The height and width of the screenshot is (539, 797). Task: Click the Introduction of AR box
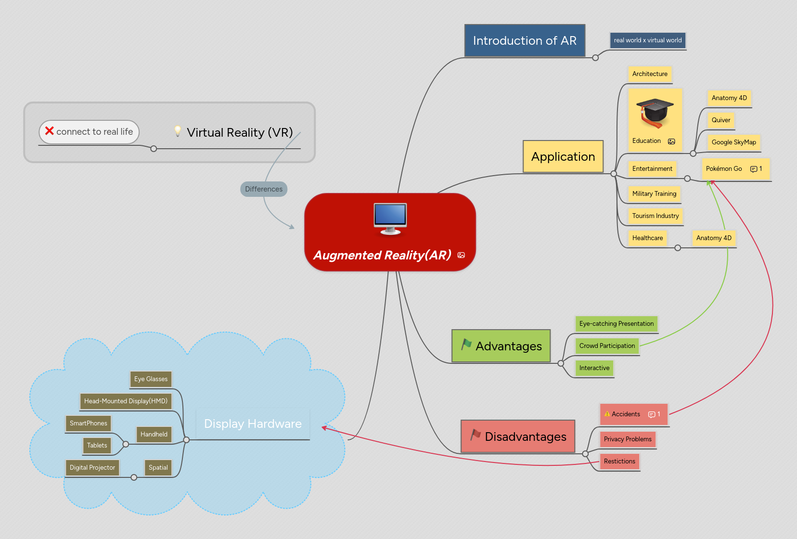[525, 41]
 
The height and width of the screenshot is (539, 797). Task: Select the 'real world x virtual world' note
[647, 40]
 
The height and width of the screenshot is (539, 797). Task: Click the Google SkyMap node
[733, 142]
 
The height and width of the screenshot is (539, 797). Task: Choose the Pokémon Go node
[724, 169]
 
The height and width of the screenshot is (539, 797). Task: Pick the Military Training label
[654, 194]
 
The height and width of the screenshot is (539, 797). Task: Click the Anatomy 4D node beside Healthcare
[714, 238]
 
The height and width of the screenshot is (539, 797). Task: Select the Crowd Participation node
[607, 346]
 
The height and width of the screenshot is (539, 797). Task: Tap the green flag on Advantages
[466, 344]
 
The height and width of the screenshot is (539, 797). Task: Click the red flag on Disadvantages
[476, 435]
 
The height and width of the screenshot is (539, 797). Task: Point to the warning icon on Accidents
[607, 414]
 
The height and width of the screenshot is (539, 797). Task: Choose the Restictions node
[619, 462]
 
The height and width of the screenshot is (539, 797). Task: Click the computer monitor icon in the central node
[390, 218]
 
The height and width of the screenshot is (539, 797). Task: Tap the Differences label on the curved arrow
[264, 189]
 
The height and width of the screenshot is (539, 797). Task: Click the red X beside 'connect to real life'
[49, 131]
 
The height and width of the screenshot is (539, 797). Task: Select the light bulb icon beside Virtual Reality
[178, 131]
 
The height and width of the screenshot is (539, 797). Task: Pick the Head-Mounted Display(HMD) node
[126, 401]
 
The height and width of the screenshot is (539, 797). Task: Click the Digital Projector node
[92, 468]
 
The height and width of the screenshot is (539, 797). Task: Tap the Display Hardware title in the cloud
[253, 424]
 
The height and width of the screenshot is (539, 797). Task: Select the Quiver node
[720, 120]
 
